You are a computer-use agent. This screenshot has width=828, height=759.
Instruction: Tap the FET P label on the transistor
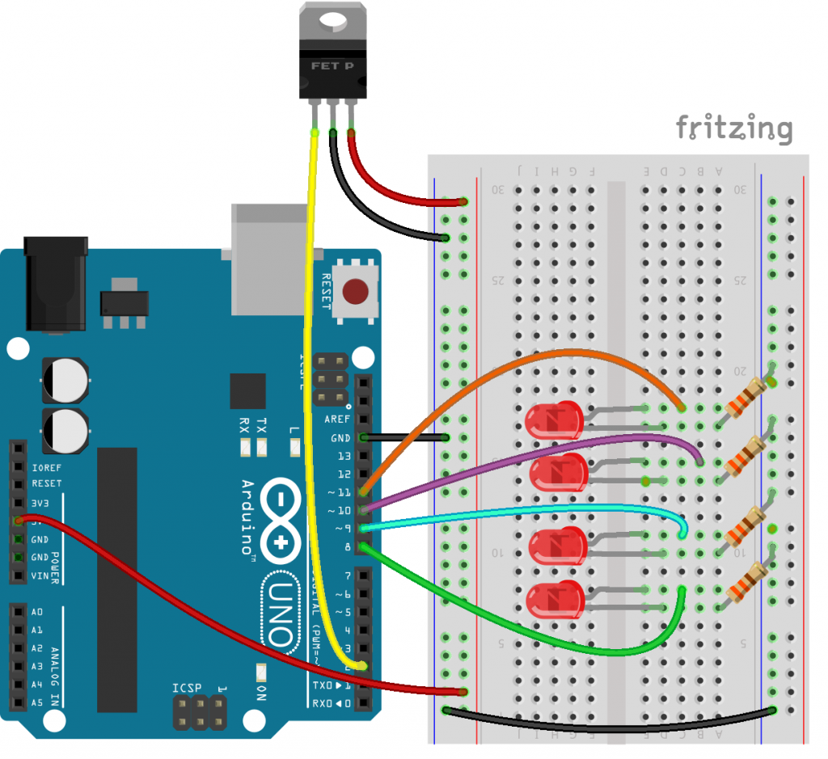tap(332, 65)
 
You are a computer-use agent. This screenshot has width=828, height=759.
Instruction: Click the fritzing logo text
tap(733, 128)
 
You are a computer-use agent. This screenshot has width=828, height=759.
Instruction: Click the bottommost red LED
tap(554, 601)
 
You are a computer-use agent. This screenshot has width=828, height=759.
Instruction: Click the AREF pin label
tap(337, 420)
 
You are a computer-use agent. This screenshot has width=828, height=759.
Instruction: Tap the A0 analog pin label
tap(38, 612)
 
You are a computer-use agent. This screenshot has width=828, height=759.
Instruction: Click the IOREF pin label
tap(47, 467)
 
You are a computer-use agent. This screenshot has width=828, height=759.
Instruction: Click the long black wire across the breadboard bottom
tap(606, 727)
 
